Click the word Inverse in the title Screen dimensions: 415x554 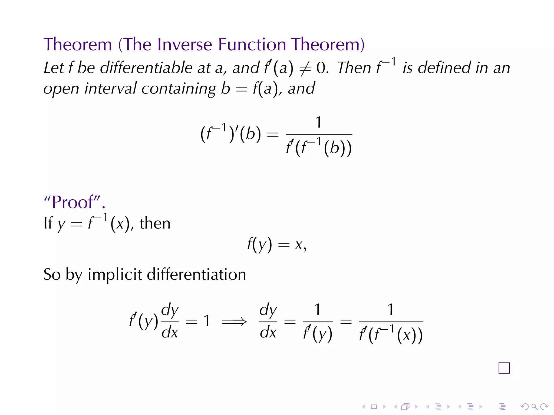point(184,44)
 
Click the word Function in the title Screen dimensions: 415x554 point(252,44)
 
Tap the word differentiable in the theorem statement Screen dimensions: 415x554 point(146,68)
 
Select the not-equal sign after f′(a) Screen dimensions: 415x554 point(305,68)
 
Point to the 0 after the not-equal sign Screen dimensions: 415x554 point(321,68)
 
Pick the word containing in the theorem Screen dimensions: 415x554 point(179,89)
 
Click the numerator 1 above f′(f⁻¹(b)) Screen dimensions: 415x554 point(319,122)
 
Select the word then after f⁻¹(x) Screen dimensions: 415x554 point(155,223)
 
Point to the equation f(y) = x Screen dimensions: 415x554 point(276,245)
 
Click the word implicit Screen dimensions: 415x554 point(115,275)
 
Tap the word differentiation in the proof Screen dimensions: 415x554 point(196,274)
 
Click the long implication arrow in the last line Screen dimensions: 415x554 point(234,322)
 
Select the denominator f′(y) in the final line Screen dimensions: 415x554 point(318,334)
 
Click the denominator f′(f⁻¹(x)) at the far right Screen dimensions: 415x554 point(391,335)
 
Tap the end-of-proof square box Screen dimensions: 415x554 point(504,368)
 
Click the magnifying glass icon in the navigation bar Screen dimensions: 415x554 point(534,407)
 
